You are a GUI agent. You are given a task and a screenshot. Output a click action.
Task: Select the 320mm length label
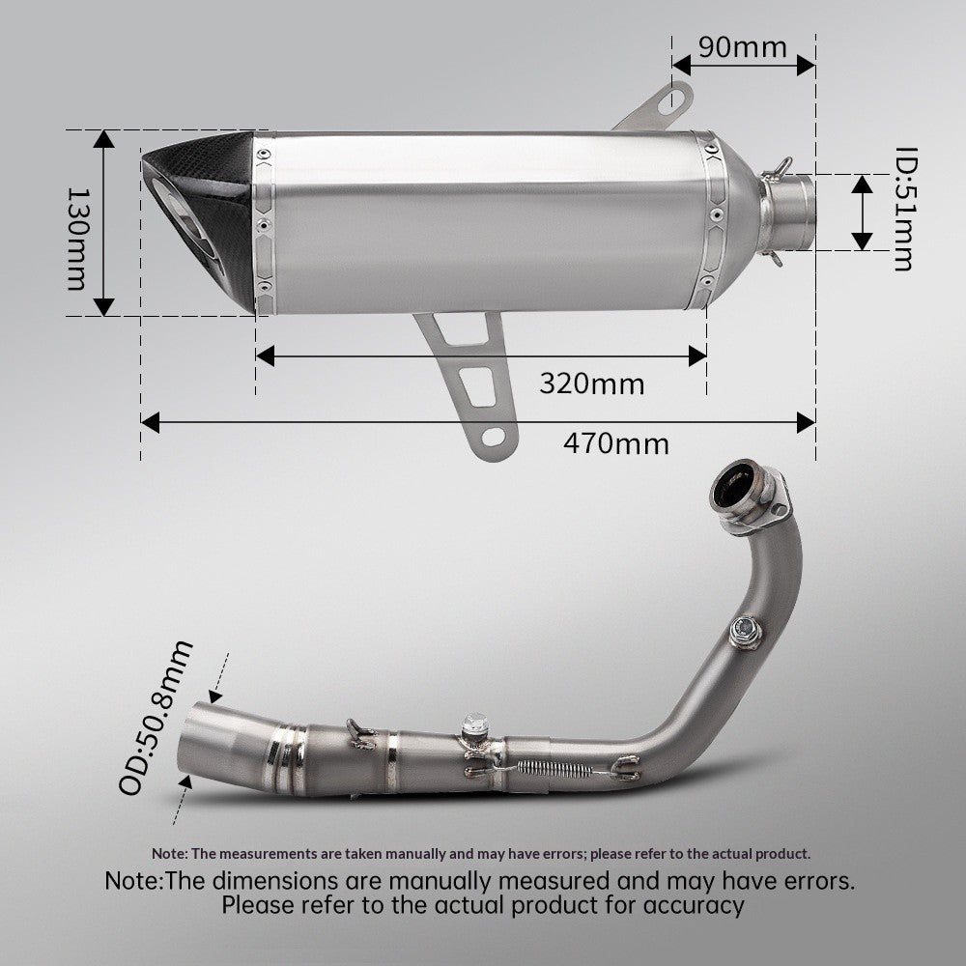[591, 384]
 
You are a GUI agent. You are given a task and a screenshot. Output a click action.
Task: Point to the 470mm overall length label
[615, 443]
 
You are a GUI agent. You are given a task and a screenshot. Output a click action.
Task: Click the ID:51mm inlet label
[904, 209]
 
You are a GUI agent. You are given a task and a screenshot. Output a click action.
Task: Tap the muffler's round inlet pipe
[788, 213]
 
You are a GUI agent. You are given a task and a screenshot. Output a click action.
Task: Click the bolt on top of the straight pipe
[473, 725]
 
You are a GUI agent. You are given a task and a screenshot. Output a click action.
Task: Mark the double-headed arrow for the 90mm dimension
[744, 65]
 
